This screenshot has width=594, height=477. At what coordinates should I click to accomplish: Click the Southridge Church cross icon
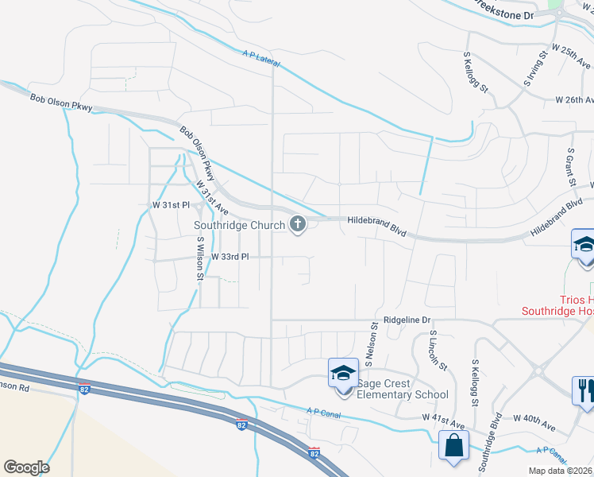298,225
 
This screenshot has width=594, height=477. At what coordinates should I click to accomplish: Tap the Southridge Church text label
239,225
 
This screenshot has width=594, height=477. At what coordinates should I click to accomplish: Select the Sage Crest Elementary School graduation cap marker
343,373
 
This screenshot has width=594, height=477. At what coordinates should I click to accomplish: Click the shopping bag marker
453,448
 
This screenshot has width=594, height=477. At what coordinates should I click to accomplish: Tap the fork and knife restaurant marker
584,390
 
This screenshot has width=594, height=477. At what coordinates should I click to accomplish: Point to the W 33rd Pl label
230,258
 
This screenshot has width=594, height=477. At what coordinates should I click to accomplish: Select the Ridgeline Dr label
407,320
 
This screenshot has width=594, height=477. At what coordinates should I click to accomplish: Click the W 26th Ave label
574,100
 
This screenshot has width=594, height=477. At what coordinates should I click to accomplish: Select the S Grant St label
570,166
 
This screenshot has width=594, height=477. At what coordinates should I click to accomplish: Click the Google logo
26,467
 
